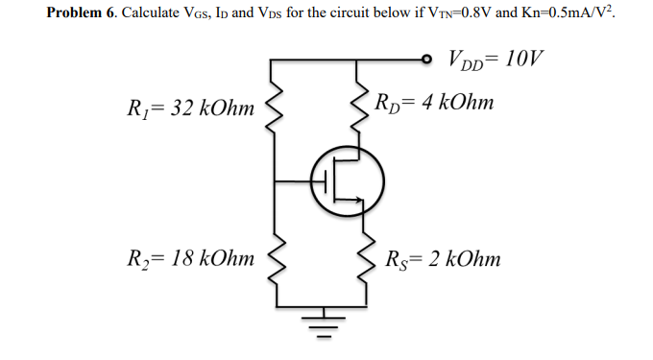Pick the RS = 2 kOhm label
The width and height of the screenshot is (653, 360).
click(442, 258)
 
